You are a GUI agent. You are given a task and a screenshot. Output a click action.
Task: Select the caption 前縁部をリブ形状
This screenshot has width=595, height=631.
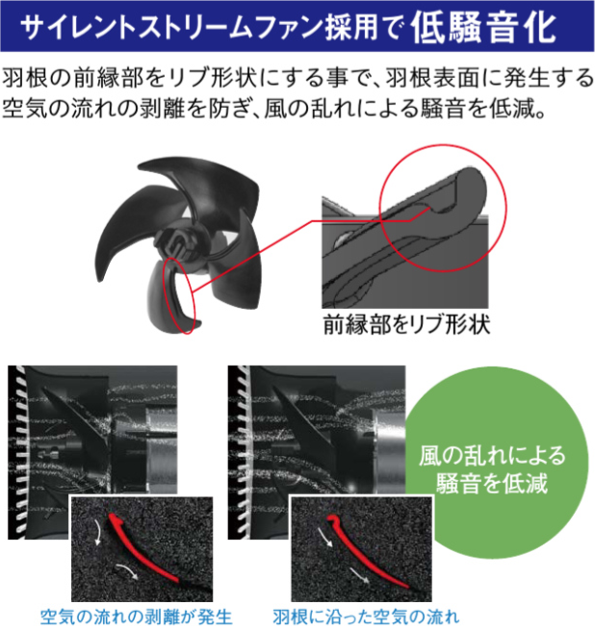point(405,325)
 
